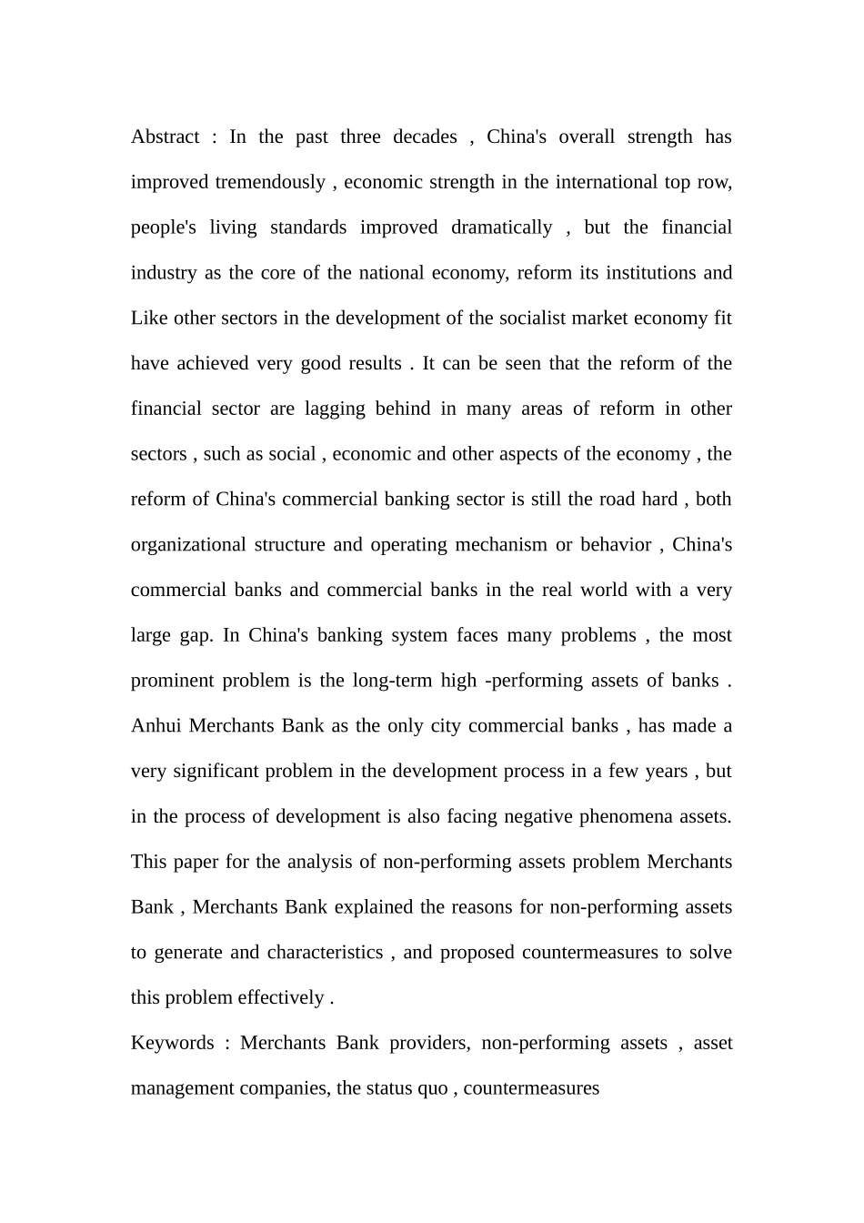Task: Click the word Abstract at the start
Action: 165,136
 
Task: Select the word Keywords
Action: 173,1043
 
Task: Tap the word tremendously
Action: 270,182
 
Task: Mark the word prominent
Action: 172,681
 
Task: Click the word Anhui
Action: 156,726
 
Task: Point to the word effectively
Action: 280,998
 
